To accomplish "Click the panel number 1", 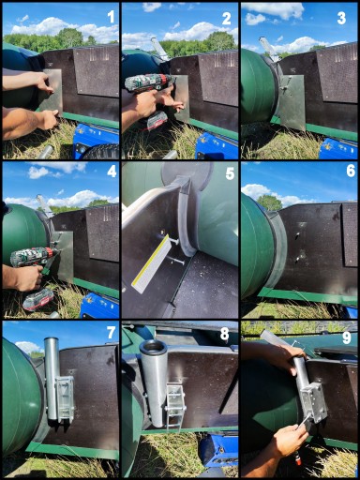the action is pyautogui.click(x=111, y=17).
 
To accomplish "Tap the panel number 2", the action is pyautogui.click(x=226, y=19).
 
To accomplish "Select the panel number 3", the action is pyautogui.click(x=341, y=19).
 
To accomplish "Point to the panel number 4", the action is pyautogui.click(x=112, y=172).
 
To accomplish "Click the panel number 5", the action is pyautogui.click(x=230, y=173).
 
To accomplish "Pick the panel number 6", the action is pyautogui.click(x=351, y=171).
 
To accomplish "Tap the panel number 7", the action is pyautogui.click(x=112, y=333).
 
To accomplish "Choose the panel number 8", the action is pyautogui.click(x=224, y=334).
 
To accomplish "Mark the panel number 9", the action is pyautogui.click(x=347, y=337).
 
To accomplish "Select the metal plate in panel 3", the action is pyautogui.click(x=292, y=102).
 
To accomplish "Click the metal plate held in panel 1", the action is pyautogui.click(x=53, y=91).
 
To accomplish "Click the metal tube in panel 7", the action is pyautogui.click(x=52, y=378).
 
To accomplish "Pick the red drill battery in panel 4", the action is pyautogui.click(x=38, y=302).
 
